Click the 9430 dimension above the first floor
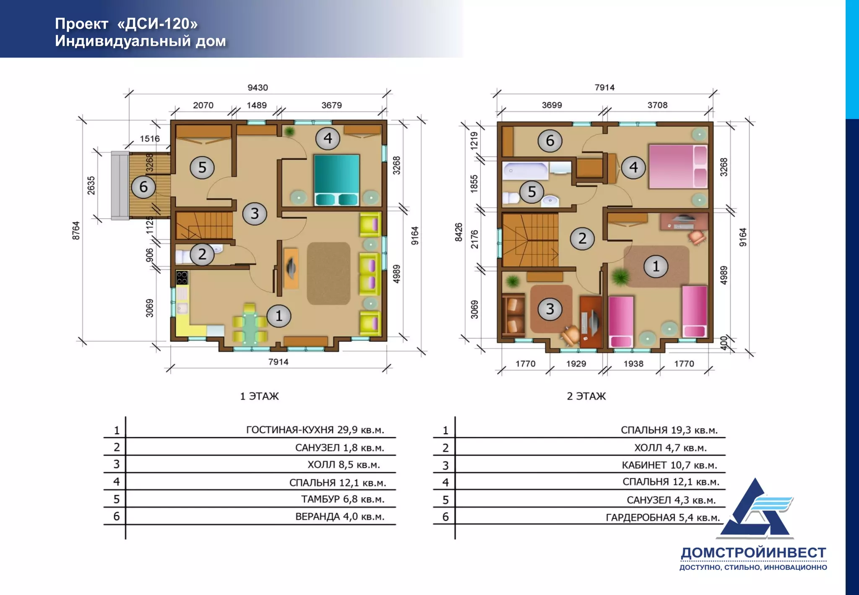(258, 88)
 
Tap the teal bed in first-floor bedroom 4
(337, 180)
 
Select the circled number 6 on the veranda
(143, 187)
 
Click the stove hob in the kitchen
(182, 278)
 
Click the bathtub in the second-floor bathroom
(526, 171)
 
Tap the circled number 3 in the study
(550, 309)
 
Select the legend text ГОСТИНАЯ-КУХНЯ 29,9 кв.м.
(315, 430)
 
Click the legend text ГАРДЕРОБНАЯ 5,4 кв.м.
(663, 518)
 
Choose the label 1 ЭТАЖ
(259, 396)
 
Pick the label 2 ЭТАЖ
(586, 396)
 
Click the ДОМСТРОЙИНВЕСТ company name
(753, 553)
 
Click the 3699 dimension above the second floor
(552, 105)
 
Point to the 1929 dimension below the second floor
(576, 364)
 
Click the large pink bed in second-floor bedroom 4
(678, 166)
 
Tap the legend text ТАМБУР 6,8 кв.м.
(343, 499)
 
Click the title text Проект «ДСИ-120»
(126, 24)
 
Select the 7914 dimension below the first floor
(279, 362)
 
